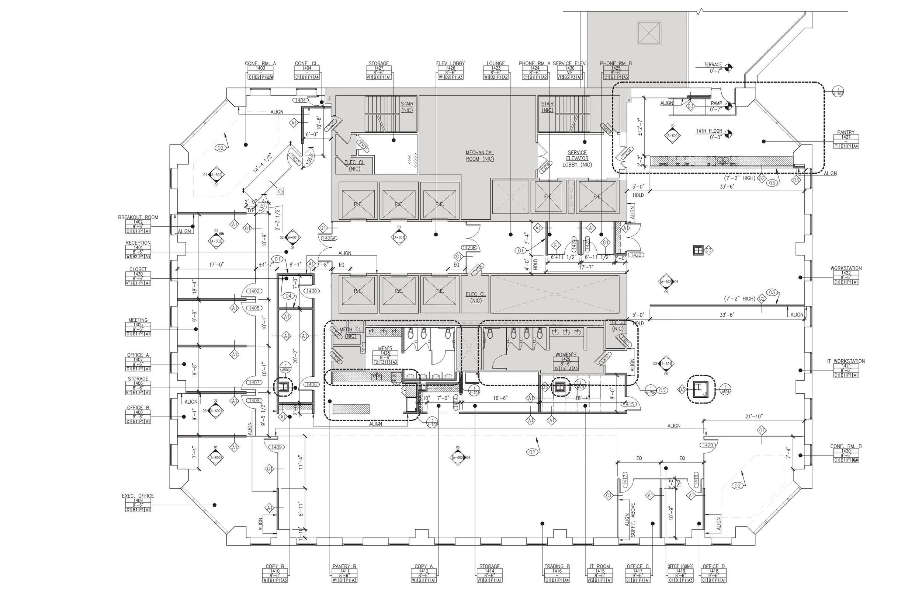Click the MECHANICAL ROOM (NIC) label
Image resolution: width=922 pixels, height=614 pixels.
coord(479,156)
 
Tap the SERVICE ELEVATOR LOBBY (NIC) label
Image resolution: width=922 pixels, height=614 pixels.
coord(577,158)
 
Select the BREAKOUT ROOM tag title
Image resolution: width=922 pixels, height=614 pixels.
coord(138,217)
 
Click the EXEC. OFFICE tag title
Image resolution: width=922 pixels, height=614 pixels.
coord(138,496)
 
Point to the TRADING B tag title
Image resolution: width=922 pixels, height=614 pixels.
coord(557,566)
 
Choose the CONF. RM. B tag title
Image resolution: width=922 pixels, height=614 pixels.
coord(846,446)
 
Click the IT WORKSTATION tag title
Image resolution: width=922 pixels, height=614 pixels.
coord(846,361)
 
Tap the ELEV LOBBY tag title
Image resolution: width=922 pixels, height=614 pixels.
coord(450,63)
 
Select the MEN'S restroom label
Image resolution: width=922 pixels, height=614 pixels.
coord(385,348)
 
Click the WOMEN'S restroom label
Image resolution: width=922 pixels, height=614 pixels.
coord(565,355)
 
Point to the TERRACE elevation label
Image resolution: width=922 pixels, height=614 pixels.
coord(713,64)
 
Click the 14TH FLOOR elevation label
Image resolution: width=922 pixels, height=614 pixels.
coord(708,131)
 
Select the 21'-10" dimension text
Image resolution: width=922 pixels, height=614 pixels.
coord(753,416)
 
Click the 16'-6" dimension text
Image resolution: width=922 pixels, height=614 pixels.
coord(500,398)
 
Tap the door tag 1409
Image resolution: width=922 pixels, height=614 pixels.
coord(276,447)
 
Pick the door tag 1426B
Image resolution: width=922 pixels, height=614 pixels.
coord(469,248)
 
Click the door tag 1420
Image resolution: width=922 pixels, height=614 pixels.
coord(707,445)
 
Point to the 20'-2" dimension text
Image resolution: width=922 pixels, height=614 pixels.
coord(296,356)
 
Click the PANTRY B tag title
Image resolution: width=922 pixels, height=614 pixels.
coord(344,566)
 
